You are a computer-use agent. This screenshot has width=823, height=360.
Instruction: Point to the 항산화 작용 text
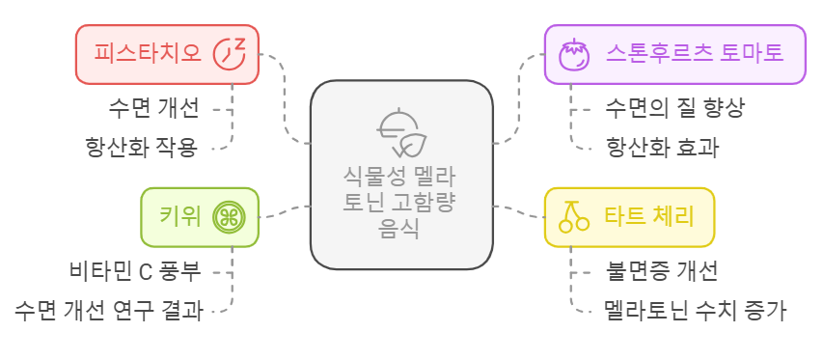[141, 147]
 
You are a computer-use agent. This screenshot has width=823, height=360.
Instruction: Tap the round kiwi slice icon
[229, 216]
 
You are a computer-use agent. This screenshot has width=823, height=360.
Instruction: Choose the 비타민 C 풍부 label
[135, 270]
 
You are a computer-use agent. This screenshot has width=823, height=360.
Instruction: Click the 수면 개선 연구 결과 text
[109, 311]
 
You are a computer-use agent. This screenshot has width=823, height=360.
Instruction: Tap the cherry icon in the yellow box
[574, 216]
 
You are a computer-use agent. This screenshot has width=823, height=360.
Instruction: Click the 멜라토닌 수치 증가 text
[695, 311]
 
